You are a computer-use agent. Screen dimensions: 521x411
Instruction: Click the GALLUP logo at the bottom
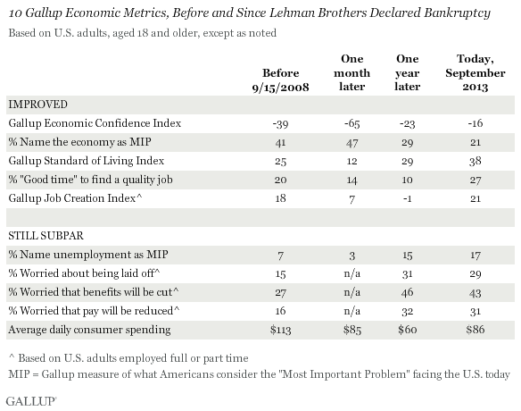pos(31,400)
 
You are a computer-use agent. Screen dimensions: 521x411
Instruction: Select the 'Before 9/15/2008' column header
pos(280,80)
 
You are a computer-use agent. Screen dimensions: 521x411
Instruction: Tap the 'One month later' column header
pos(351,72)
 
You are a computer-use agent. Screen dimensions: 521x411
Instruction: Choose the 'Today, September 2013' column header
pos(476,72)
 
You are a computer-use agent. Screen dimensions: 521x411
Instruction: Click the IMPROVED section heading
pos(37,105)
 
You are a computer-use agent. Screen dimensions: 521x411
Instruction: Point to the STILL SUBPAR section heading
pos(45,236)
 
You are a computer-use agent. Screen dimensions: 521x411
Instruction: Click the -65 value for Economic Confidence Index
pos(351,124)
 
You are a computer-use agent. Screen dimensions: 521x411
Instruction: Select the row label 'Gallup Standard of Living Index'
pos(87,161)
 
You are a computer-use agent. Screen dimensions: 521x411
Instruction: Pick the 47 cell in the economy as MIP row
pos(351,143)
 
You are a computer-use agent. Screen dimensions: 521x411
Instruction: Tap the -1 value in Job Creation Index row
pos(408,198)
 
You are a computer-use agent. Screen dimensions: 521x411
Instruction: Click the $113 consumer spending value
pos(280,330)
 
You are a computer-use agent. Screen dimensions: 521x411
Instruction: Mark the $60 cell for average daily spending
pos(408,330)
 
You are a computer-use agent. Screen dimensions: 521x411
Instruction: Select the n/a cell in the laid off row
pos(351,273)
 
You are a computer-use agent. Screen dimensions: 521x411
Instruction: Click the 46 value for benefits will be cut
pos(408,292)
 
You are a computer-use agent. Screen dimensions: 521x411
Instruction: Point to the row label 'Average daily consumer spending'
pos(89,330)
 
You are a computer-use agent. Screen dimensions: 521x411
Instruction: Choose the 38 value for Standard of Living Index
pos(476,162)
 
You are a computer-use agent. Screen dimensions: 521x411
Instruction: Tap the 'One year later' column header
pos(408,72)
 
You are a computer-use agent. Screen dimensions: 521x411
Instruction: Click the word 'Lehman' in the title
pos(292,13)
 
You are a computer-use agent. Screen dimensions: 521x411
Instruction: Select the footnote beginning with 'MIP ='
pos(260,374)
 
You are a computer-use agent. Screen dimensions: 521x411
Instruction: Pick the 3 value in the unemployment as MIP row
pos(351,256)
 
